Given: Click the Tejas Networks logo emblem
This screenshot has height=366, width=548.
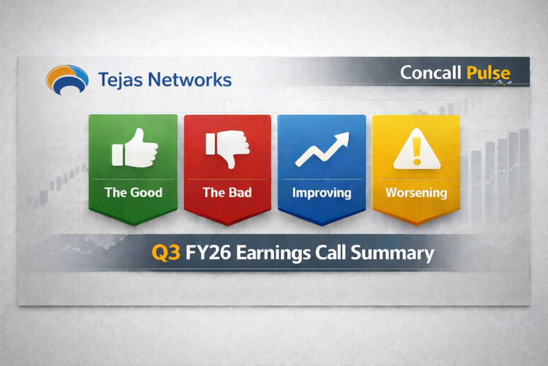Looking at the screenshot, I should pos(67,79).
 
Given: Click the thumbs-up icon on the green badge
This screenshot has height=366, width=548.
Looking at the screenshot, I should pos(134,147).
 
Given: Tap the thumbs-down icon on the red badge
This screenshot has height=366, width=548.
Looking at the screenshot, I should pos(227,147).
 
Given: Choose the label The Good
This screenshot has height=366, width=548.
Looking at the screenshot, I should pos(133,192).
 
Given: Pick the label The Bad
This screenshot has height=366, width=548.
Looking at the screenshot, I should pos(227,192).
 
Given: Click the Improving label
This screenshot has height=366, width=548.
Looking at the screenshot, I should pos(322,192).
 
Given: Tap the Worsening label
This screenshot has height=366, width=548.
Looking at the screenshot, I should pos(416,192).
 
